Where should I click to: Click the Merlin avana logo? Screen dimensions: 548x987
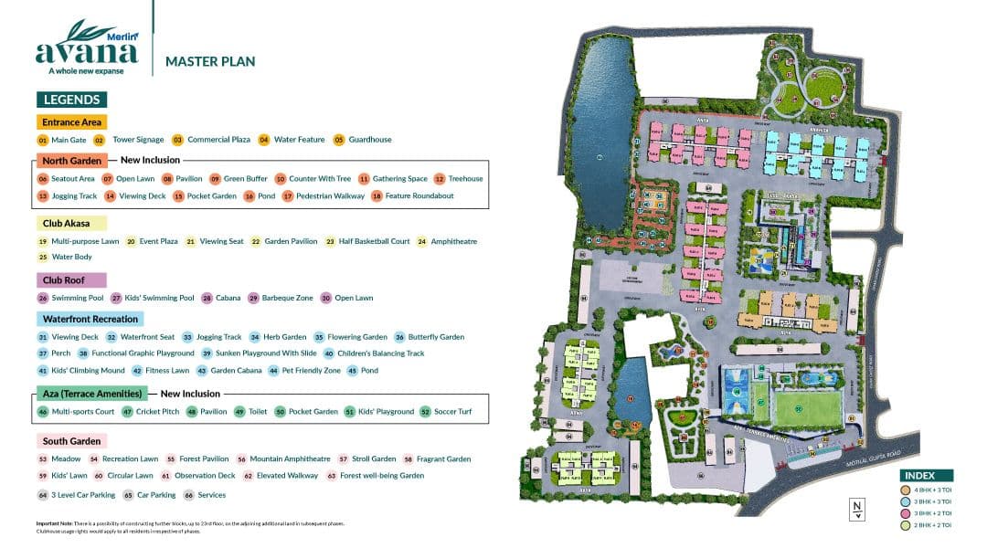click(87, 47)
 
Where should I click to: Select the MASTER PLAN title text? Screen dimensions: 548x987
click(209, 62)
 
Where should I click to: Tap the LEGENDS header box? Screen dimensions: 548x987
click(71, 100)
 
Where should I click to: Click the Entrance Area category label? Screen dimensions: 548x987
click(72, 121)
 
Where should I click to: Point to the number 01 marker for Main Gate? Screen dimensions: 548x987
click(42, 140)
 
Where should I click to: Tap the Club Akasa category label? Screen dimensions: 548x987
click(71, 223)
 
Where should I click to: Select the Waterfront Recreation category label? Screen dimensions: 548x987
click(90, 319)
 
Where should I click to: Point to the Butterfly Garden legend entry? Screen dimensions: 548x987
click(434, 337)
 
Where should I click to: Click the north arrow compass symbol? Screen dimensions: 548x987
click(856, 510)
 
